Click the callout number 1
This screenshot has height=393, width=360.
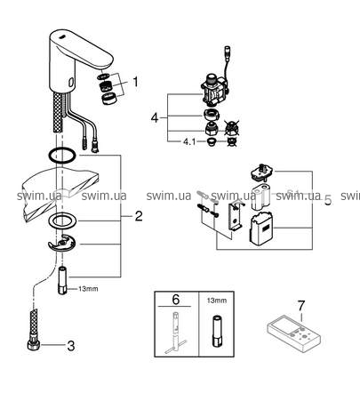(136, 82)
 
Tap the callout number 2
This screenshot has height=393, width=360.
(139, 216)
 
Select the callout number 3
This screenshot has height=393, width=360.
(71, 346)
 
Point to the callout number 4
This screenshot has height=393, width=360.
(155, 118)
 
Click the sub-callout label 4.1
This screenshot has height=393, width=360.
(189, 141)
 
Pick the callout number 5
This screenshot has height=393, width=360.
(328, 200)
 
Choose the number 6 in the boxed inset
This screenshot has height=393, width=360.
(176, 300)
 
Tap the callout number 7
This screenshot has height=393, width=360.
(300, 306)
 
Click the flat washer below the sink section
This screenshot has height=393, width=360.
(62, 221)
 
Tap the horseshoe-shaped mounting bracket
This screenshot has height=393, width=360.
(61, 244)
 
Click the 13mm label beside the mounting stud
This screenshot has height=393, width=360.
(88, 289)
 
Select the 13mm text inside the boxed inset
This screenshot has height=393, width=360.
(217, 301)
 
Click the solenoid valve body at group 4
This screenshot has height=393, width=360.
(215, 91)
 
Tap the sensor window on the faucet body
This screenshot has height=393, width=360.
(71, 82)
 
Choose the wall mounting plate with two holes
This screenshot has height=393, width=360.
(236, 216)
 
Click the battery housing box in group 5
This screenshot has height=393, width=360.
(262, 229)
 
